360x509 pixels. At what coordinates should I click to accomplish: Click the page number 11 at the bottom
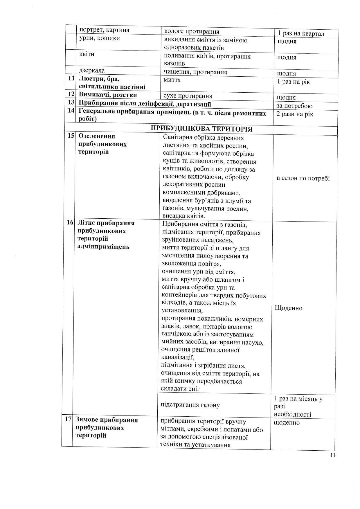click(333, 455)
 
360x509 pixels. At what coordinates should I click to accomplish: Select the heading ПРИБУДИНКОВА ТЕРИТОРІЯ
click(201, 129)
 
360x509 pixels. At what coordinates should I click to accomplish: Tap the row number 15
click(71, 136)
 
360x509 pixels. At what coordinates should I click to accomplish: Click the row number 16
click(70, 223)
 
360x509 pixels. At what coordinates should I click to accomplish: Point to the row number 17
click(69, 420)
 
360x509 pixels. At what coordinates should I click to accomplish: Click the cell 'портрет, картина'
click(104, 30)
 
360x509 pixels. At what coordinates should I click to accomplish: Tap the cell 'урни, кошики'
click(99, 38)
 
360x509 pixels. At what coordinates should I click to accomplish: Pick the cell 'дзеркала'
click(92, 71)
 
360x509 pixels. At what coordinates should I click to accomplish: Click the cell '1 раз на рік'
click(294, 82)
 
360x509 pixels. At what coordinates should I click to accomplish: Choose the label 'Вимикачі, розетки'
click(108, 95)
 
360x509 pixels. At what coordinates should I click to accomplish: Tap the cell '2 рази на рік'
click(295, 114)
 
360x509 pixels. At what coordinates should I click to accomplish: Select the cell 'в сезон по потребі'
click(303, 178)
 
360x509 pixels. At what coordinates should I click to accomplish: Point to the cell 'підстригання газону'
click(190, 405)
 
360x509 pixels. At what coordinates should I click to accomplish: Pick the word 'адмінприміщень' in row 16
click(104, 247)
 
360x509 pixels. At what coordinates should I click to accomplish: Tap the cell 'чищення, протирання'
click(195, 72)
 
